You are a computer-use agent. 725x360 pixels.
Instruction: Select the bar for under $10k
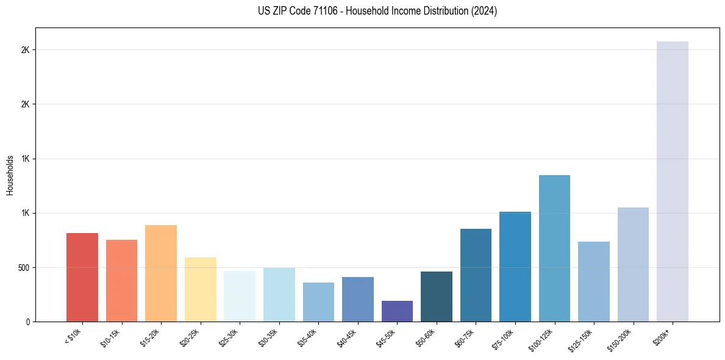82,278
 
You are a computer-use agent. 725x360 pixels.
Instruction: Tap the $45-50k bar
397,311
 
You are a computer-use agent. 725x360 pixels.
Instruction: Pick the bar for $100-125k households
554,248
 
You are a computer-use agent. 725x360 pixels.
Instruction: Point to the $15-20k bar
161,273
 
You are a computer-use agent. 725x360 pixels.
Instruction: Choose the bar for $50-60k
437,297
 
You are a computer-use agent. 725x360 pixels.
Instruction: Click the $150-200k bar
633,265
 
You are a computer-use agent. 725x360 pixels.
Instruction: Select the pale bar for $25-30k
240,297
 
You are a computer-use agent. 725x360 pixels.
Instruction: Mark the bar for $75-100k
515,267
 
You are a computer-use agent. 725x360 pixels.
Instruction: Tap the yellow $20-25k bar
201,290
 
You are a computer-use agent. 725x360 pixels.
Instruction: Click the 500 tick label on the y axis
24,268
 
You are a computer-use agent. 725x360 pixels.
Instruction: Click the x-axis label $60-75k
465,337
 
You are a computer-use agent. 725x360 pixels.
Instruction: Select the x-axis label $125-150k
582,338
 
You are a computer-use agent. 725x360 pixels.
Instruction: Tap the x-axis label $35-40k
307,337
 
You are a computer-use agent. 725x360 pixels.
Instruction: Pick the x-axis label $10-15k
110,337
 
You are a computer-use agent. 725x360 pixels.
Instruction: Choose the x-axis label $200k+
662,336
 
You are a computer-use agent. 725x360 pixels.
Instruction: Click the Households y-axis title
10,175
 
